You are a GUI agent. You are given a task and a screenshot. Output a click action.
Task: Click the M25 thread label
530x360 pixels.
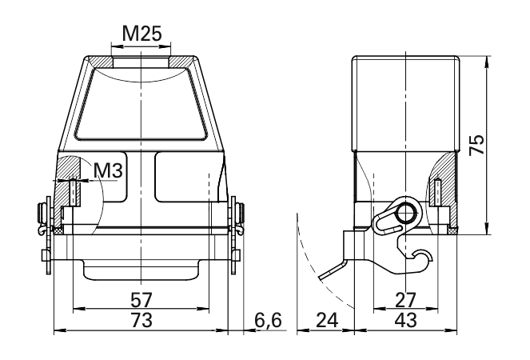pos(141,34)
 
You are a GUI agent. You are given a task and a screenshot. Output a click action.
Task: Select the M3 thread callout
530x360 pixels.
pos(108,170)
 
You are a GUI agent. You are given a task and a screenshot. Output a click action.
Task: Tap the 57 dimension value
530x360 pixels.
pos(141,300)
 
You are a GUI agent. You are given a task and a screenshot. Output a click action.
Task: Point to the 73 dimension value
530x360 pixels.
pos(141,320)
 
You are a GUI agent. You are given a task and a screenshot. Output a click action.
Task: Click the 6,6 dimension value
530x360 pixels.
pos(268,321)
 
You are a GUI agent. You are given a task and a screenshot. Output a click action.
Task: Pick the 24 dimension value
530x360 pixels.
pos(327,320)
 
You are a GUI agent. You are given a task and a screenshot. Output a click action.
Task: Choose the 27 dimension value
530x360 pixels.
pos(406,300)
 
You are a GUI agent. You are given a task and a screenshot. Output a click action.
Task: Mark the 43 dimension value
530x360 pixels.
pos(406,320)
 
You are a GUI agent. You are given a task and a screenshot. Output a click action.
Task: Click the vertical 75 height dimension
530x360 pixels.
pos(476,145)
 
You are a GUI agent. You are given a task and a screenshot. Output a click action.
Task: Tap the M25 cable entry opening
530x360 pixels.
pos(141,62)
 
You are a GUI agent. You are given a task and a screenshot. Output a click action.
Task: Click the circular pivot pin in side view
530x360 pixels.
pos(406,214)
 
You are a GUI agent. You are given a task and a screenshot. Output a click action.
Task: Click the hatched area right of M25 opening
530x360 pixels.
pos(182,62)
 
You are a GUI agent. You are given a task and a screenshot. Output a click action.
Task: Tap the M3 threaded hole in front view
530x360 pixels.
pos(73,192)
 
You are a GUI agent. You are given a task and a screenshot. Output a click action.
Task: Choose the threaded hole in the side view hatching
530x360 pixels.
pos(438,192)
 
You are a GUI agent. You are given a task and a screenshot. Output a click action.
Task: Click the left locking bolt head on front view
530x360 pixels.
pos(42,217)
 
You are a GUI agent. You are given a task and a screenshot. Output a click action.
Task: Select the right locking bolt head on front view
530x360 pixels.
pos(241,217)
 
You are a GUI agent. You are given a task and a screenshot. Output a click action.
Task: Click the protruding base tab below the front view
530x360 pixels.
pos(141,270)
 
